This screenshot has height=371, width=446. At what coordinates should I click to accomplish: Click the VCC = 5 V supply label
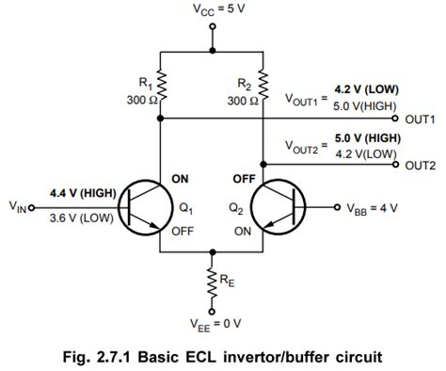[x=213, y=10]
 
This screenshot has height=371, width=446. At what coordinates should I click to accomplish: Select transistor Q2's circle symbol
[x=279, y=206]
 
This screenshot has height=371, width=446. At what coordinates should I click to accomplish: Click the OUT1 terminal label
[x=422, y=120]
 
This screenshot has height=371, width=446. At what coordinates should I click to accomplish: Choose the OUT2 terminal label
[x=422, y=165]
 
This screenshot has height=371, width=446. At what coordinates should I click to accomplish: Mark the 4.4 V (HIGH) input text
[x=82, y=194]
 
